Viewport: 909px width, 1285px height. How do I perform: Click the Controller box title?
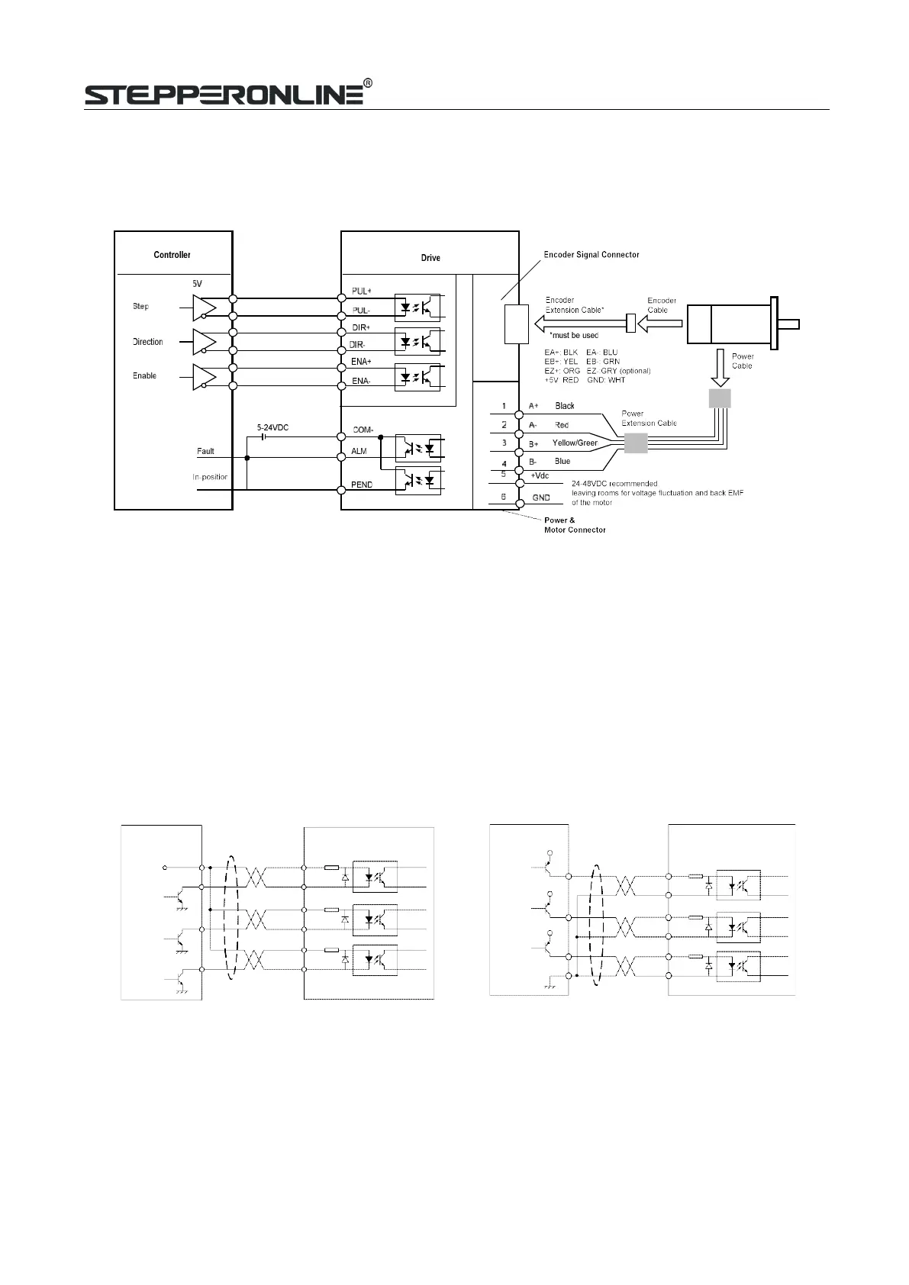pyautogui.click(x=172, y=255)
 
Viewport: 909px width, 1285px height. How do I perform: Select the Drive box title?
pyautogui.click(x=430, y=258)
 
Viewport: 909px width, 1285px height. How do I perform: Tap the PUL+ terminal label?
pyautogui.click(x=361, y=291)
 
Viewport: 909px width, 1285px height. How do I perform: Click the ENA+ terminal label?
pyautogui.click(x=361, y=362)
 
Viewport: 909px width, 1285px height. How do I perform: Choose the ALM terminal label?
pyautogui.click(x=359, y=452)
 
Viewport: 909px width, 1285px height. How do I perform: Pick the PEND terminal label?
pyautogui.click(x=361, y=485)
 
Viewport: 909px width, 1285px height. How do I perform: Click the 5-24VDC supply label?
pyautogui.click(x=272, y=428)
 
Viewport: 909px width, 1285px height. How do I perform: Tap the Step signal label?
pyautogui.click(x=140, y=307)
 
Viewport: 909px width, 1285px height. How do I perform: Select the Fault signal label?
pyautogui.click(x=205, y=452)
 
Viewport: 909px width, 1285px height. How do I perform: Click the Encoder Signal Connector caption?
pyautogui.click(x=591, y=255)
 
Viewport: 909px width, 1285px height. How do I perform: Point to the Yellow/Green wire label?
pyautogui.click(x=575, y=443)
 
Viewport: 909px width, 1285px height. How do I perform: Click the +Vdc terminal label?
pyautogui.click(x=540, y=475)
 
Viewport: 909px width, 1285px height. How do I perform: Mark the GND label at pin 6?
pyautogui.click(x=540, y=498)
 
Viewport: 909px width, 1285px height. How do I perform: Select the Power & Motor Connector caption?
pyautogui.click(x=575, y=525)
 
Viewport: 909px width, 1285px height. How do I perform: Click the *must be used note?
pyautogui.click(x=574, y=336)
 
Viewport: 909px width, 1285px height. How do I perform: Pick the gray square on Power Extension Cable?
pyautogui.click(x=636, y=443)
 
